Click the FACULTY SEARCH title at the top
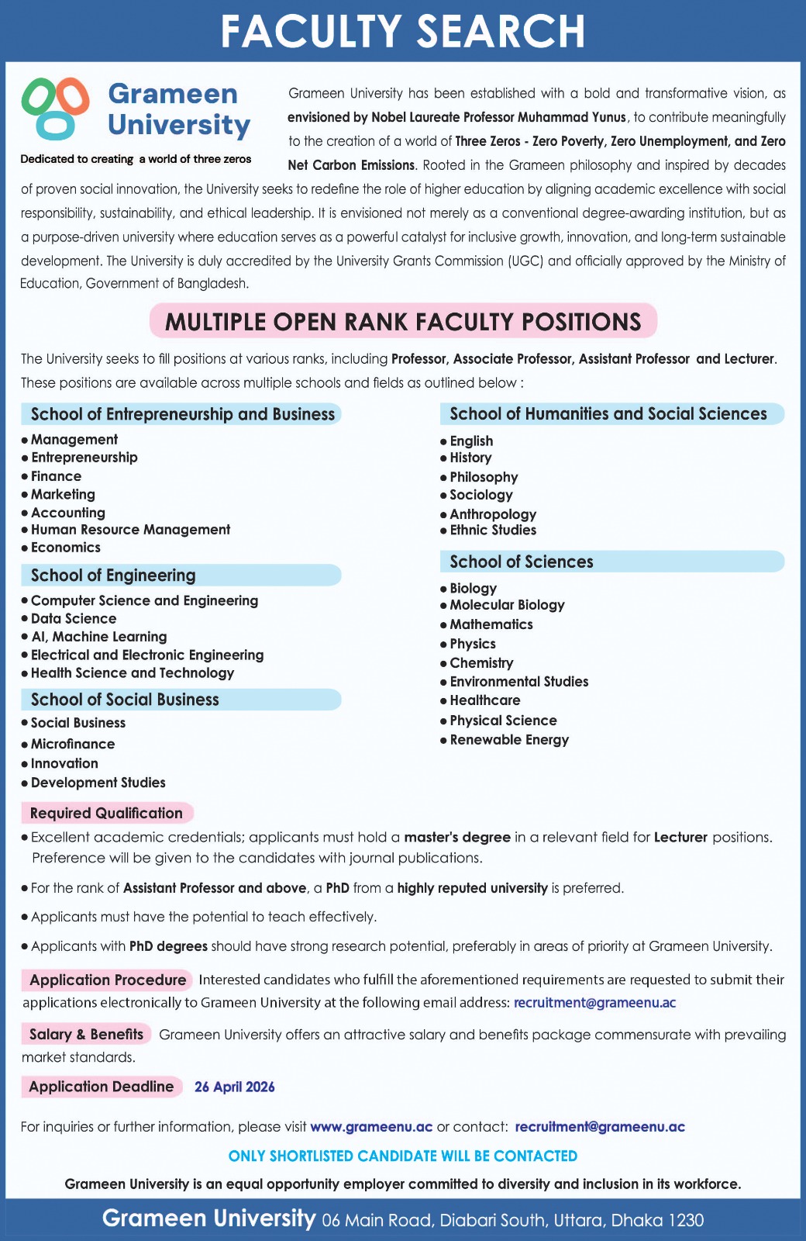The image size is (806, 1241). pyautogui.click(x=402, y=31)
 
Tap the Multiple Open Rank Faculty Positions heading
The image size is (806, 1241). pyautogui.click(x=403, y=322)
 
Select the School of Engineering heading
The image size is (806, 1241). pyautogui.click(x=113, y=576)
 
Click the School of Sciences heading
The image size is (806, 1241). pyautogui.click(x=522, y=562)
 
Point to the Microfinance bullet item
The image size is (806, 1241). pyautogui.click(x=73, y=744)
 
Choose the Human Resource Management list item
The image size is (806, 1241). pyautogui.click(x=130, y=530)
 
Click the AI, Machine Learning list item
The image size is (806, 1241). pyautogui.click(x=99, y=637)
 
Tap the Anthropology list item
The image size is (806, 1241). pyautogui.click(x=493, y=514)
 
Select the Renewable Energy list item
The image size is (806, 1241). pyautogui.click(x=509, y=740)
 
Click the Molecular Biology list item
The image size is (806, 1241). pyautogui.click(x=507, y=605)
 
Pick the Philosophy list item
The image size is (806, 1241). pyautogui.click(x=484, y=477)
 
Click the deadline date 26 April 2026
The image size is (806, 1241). pyautogui.click(x=235, y=1087)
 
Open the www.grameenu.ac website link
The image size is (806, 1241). pyautogui.click(x=371, y=1127)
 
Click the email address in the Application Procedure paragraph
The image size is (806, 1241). pyautogui.click(x=594, y=1003)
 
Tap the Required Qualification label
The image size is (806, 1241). pyautogui.click(x=106, y=813)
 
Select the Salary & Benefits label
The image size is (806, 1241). pyautogui.click(x=86, y=1034)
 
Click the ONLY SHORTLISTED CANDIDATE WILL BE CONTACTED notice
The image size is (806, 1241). pyautogui.click(x=403, y=1156)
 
